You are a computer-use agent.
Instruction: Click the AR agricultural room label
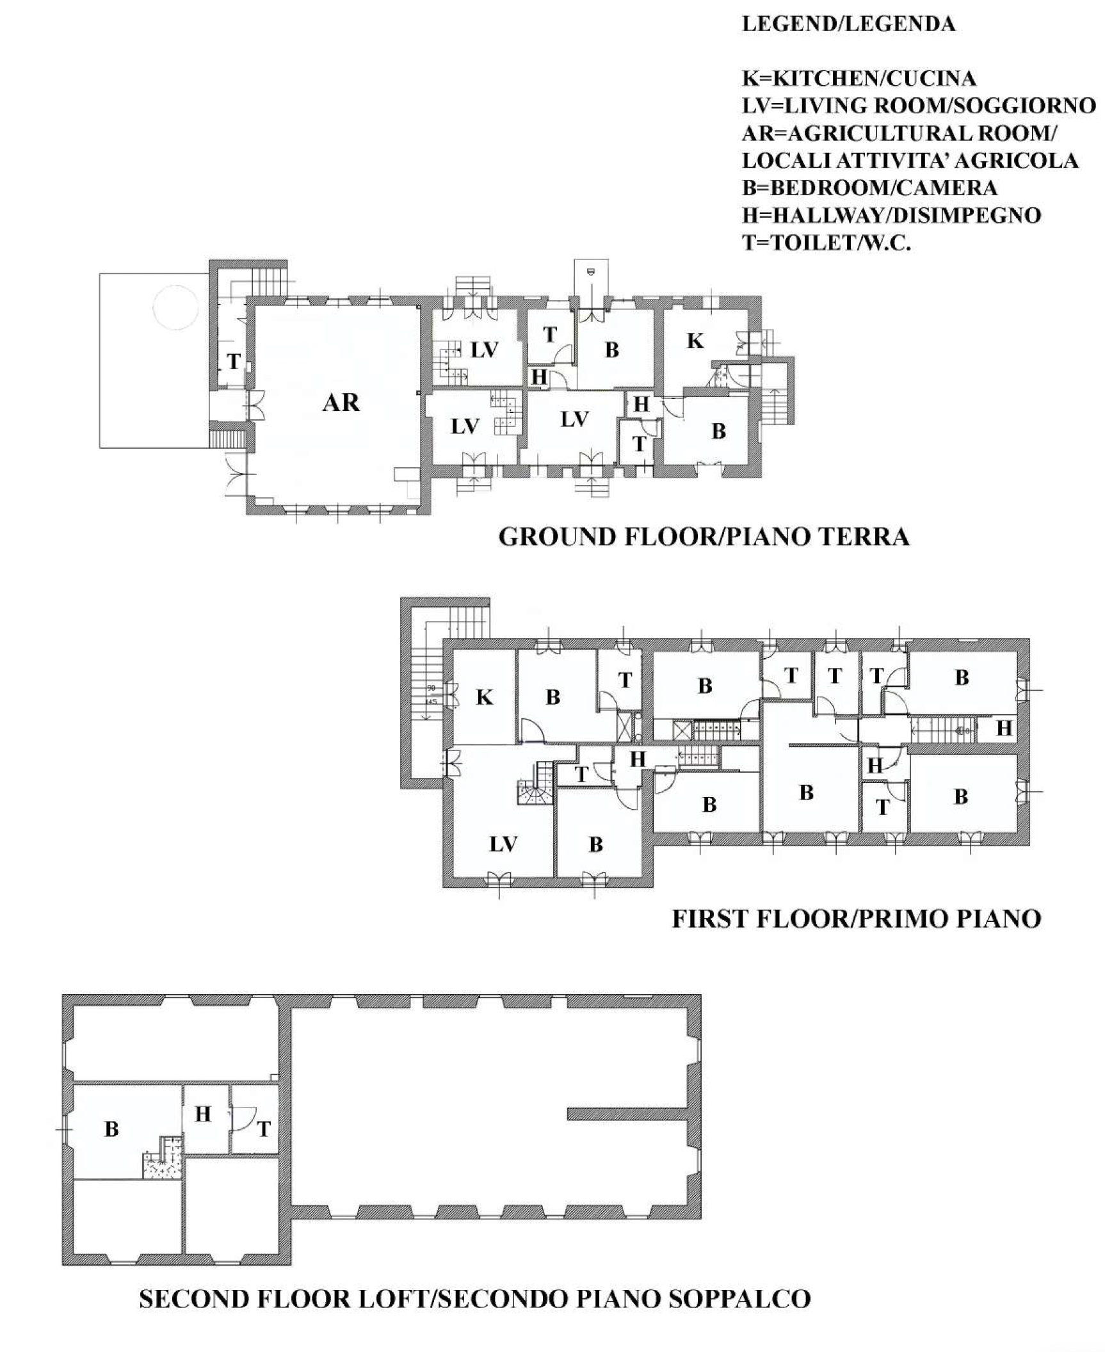[x=341, y=403]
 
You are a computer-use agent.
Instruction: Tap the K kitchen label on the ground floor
[x=695, y=341]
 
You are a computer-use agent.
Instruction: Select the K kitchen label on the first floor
[x=485, y=697]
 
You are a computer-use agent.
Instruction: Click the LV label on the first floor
[x=503, y=844]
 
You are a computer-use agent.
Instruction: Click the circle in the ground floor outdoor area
[x=175, y=307]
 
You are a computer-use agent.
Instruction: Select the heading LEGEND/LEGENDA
[x=848, y=24]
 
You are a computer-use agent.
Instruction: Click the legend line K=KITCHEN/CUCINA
[x=859, y=79]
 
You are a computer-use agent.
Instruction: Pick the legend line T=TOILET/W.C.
[x=826, y=243]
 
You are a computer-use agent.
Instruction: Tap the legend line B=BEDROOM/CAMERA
[x=869, y=188]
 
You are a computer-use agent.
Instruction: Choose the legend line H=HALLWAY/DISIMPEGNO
[x=891, y=216]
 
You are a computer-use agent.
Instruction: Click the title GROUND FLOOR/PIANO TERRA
[x=704, y=536]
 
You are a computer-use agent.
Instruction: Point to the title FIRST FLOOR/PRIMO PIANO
[x=856, y=919]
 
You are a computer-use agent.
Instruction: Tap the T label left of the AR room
[x=234, y=362]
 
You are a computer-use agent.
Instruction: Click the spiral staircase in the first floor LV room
[x=535, y=784]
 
